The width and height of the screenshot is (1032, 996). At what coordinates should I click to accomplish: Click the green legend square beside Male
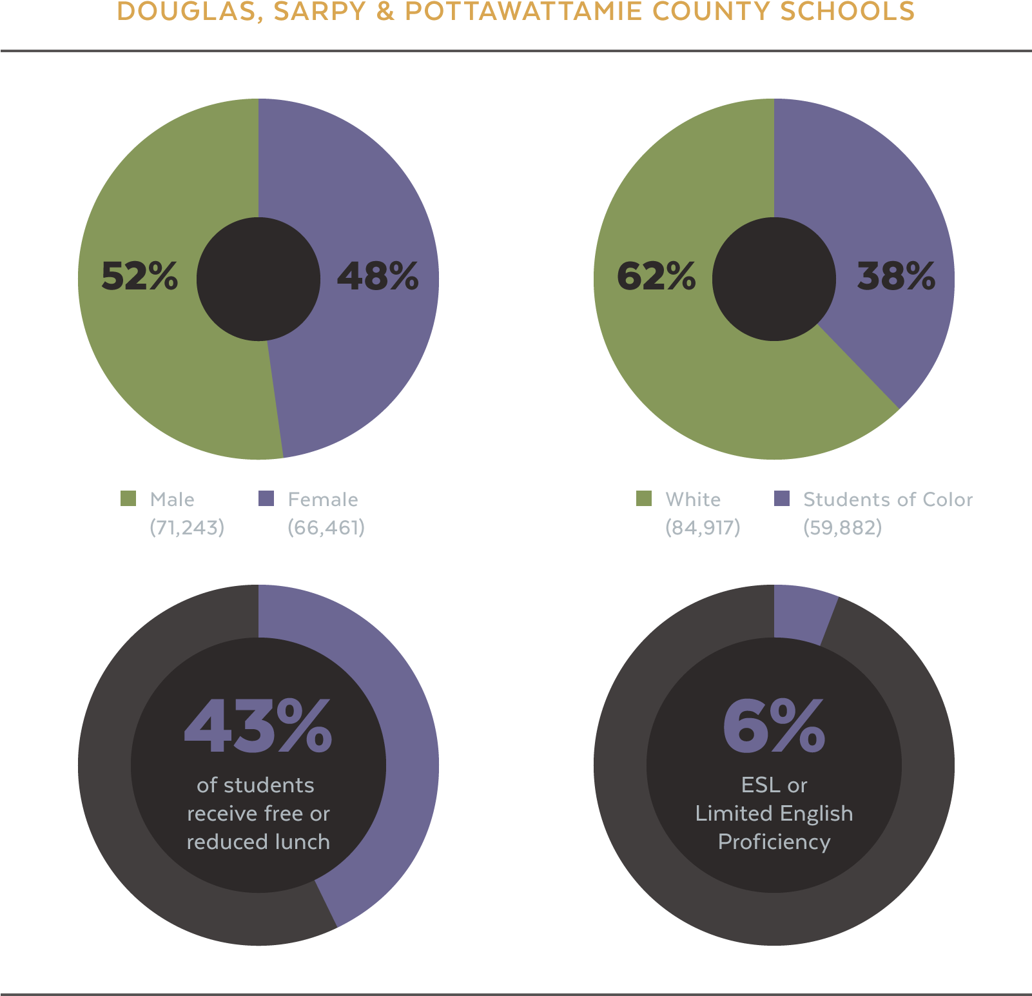pos(128,498)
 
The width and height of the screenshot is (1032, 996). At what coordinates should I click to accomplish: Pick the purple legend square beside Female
pos(266,498)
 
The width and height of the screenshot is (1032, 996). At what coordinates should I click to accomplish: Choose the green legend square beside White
pos(644,498)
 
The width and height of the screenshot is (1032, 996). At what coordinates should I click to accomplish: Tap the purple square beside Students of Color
pos(782,498)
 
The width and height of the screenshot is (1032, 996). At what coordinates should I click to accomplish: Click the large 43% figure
pos(258,727)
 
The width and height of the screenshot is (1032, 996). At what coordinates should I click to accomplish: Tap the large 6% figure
pos(774,727)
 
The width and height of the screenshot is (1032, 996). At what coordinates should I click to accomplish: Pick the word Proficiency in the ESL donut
pos(774,842)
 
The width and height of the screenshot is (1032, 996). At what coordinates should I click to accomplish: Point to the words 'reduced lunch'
pos(258,842)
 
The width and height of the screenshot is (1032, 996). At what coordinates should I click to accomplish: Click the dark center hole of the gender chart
pos(258,278)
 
